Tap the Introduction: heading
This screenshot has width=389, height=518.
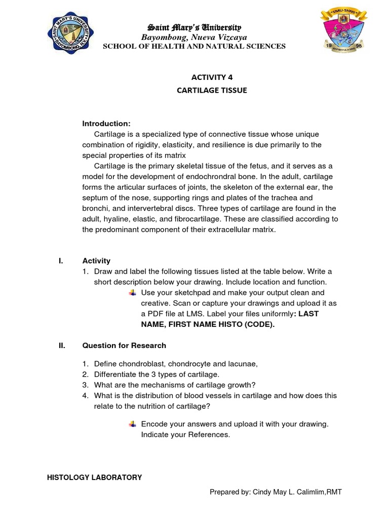point(106,123)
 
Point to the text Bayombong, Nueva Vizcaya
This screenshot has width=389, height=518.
point(194,37)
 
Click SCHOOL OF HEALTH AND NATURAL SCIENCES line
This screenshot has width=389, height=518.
point(194,47)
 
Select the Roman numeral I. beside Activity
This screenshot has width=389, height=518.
point(61,261)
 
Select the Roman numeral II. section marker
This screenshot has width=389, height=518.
point(62,346)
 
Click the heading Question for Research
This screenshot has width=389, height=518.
point(124,346)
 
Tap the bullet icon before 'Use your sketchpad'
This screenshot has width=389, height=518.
point(133,293)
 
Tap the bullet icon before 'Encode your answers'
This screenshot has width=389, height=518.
point(133,424)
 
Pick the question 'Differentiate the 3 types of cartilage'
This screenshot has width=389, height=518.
point(157,374)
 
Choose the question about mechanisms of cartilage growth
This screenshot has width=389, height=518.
point(174,385)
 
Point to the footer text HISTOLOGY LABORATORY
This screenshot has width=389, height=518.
point(94,477)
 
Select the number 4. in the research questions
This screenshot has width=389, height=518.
point(86,396)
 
